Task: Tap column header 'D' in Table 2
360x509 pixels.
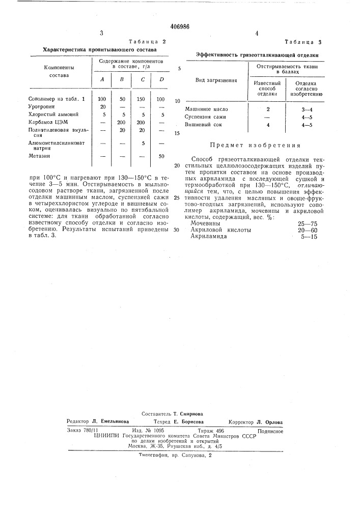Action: click(161, 79)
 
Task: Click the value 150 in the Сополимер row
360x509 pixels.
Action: click(142, 98)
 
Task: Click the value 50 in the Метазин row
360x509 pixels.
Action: click(161, 156)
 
